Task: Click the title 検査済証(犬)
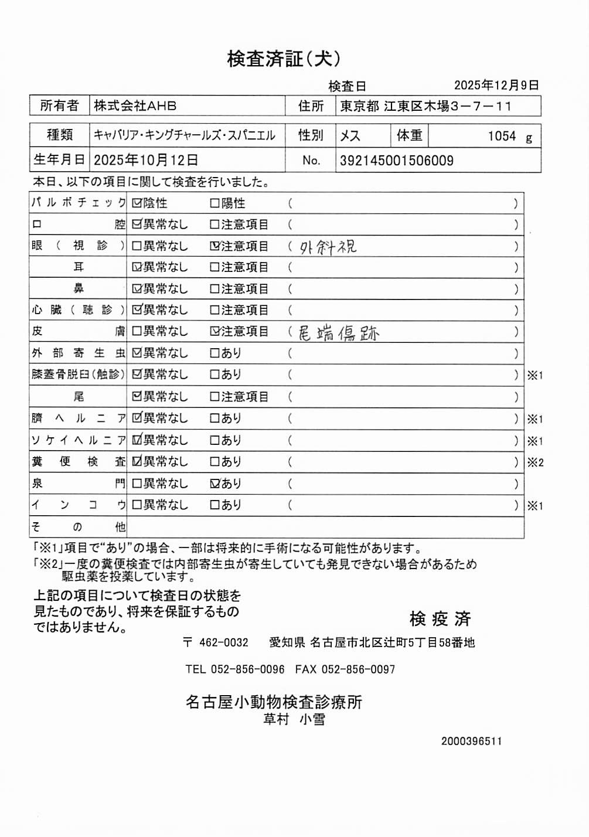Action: [284, 59]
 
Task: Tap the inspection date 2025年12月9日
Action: [496, 86]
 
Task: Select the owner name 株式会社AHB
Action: [135, 106]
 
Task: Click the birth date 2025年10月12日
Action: [145, 160]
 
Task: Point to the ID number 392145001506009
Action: [396, 161]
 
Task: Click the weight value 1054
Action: [502, 137]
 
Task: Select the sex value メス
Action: [350, 136]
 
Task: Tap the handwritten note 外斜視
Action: [328, 247]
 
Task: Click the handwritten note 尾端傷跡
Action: [339, 334]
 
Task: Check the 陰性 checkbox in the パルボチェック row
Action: [137, 203]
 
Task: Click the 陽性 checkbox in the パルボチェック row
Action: [215, 203]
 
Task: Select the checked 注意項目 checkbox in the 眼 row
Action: [215, 246]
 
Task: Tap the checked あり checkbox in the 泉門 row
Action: [215, 484]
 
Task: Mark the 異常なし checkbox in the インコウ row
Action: [137, 505]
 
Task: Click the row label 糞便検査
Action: [78, 462]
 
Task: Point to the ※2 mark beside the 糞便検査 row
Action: [535, 462]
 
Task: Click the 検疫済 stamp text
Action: [440, 618]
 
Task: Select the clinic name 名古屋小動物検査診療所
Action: [274, 702]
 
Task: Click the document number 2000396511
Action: [471, 741]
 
